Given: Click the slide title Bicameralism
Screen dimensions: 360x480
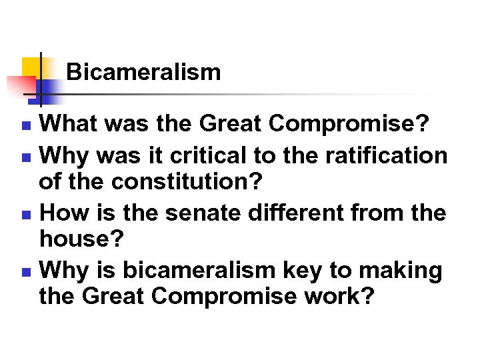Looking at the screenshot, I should coord(143,71).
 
